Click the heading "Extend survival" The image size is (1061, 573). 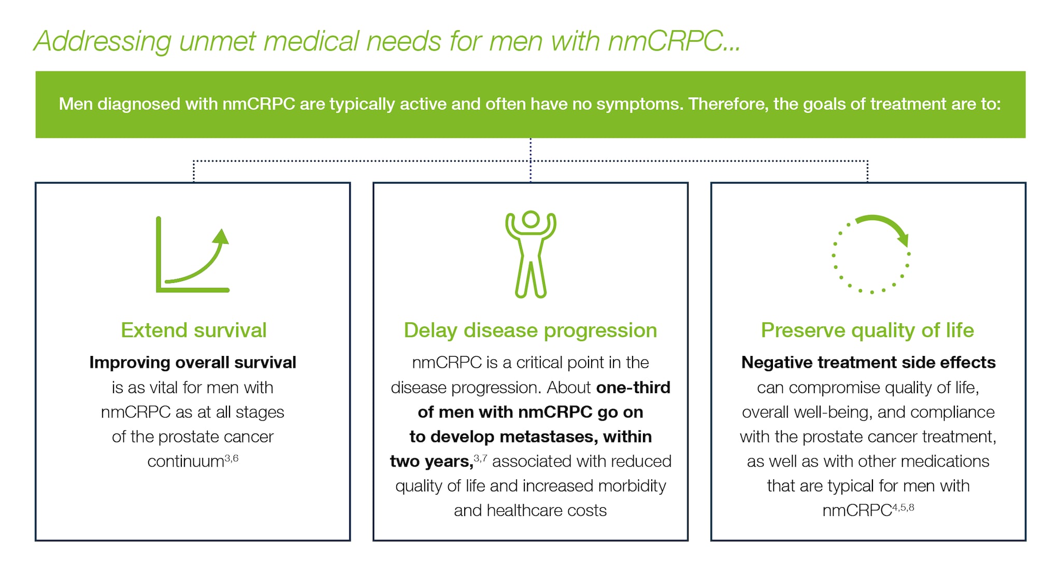pyautogui.click(x=193, y=331)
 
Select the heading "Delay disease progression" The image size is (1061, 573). pyautogui.click(x=530, y=331)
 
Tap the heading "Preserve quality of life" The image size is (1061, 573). pyautogui.click(x=868, y=331)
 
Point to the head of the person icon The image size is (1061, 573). pyautogui.click(x=530, y=219)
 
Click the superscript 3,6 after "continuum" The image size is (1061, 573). pyautogui.click(x=232, y=458)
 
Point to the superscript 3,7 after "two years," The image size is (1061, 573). pyautogui.click(x=480, y=458)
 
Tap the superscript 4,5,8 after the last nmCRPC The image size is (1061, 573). pyautogui.click(x=903, y=507)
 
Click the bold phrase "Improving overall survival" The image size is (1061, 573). pyautogui.click(x=193, y=362)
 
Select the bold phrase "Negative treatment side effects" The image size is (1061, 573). pyautogui.click(x=868, y=362)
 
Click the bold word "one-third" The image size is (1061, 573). pyautogui.click(x=633, y=387)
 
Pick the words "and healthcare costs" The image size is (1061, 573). pyautogui.click(x=530, y=510)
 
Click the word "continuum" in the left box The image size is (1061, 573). pyautogui.click(x=185, y=461)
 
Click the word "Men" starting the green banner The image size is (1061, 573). pyautogui.click(x=76, y=104)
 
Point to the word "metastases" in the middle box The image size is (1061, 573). pyautogui.click(x=549, y=437)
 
